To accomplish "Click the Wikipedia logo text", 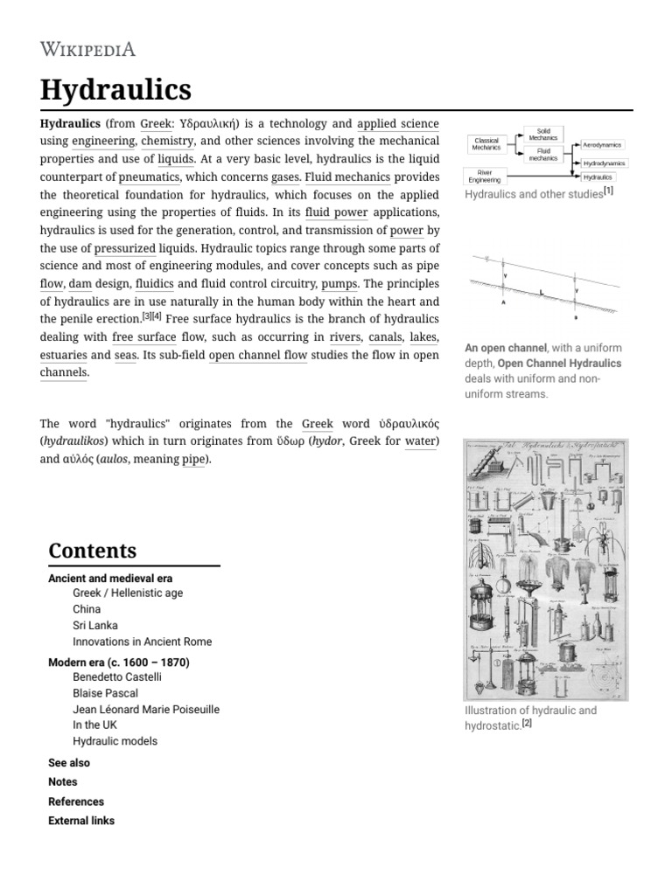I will click(87, 49).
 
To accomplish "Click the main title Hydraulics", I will click(115, 89).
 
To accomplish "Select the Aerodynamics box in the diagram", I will click(603, 145).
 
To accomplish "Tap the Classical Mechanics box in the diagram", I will click(486, 144).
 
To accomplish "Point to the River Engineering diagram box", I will click(484, 177).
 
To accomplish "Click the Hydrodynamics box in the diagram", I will click(604, 163).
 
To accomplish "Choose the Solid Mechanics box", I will click(542, 135).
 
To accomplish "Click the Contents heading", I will click(93, 551).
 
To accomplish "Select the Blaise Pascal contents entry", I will click(105, 693).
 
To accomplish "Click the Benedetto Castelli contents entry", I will click(117, 676).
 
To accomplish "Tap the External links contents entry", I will click(81, 821).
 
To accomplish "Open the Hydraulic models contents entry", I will click(115, 741).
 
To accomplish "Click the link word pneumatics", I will click(149, 177).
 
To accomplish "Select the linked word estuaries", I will click(63, 355).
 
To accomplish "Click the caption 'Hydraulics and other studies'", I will click(534, 194).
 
